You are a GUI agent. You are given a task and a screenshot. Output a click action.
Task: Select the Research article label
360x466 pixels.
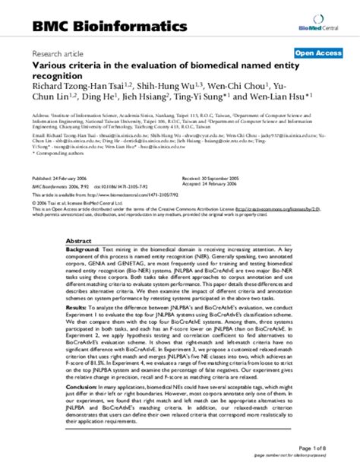(x=56, y=54)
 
